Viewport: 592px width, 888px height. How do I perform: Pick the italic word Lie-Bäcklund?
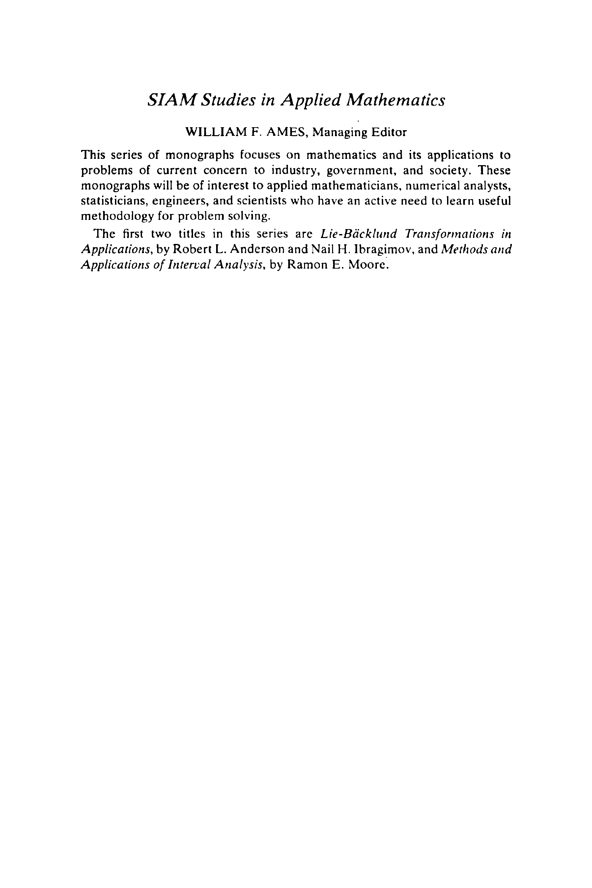pyautogui.click(x=358, y=234)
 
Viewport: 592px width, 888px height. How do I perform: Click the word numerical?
pyautogui.click(x=431, y=186)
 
